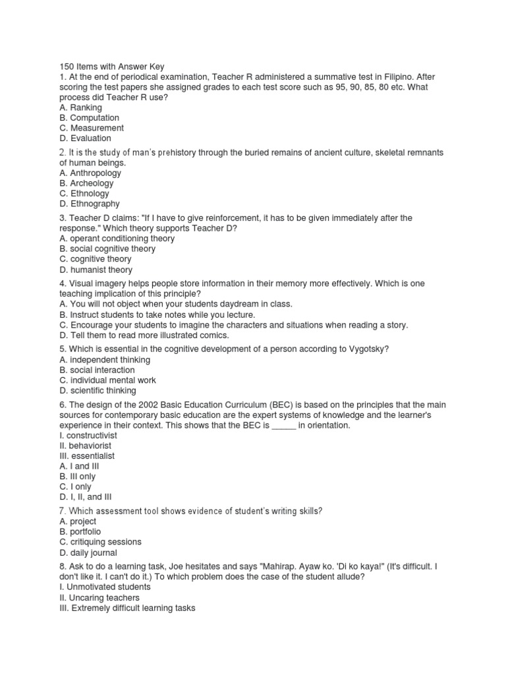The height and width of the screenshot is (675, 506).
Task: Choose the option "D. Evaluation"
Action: [x=85, y=138]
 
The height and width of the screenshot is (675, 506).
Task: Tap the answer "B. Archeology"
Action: [x=88, y=183]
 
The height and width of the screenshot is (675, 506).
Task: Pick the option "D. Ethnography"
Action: [x=90, y=204]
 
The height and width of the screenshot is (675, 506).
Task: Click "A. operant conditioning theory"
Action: [x=117, y=239]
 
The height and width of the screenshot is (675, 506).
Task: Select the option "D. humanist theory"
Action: [x=96, y=270]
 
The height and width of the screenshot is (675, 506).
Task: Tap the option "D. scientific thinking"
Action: [x=98, y=391]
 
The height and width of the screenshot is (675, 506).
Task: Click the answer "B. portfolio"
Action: [x=80, y=531]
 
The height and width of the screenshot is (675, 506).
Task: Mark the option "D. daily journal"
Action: [x=88, y=552]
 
